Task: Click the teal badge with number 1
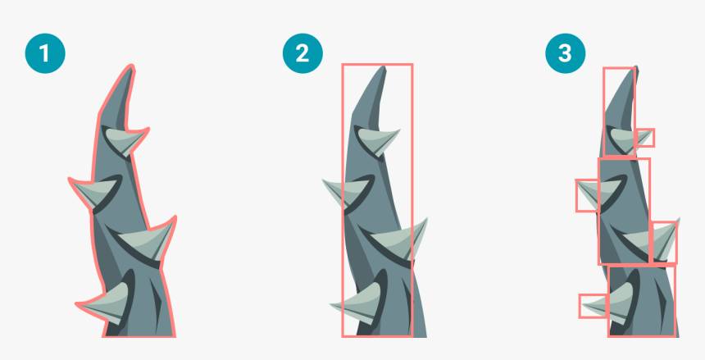(44, 54)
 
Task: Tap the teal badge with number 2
(302, 54)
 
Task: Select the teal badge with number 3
(565, 54)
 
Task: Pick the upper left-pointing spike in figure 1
(90, 192)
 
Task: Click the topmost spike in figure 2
(377, 140)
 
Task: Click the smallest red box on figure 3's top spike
(644, 138)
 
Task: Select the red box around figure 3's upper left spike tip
(587, 195)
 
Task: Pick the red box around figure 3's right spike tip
(663, 241)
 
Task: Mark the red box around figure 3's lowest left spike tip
(593, 306)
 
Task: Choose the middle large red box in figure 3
(624, 211)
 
